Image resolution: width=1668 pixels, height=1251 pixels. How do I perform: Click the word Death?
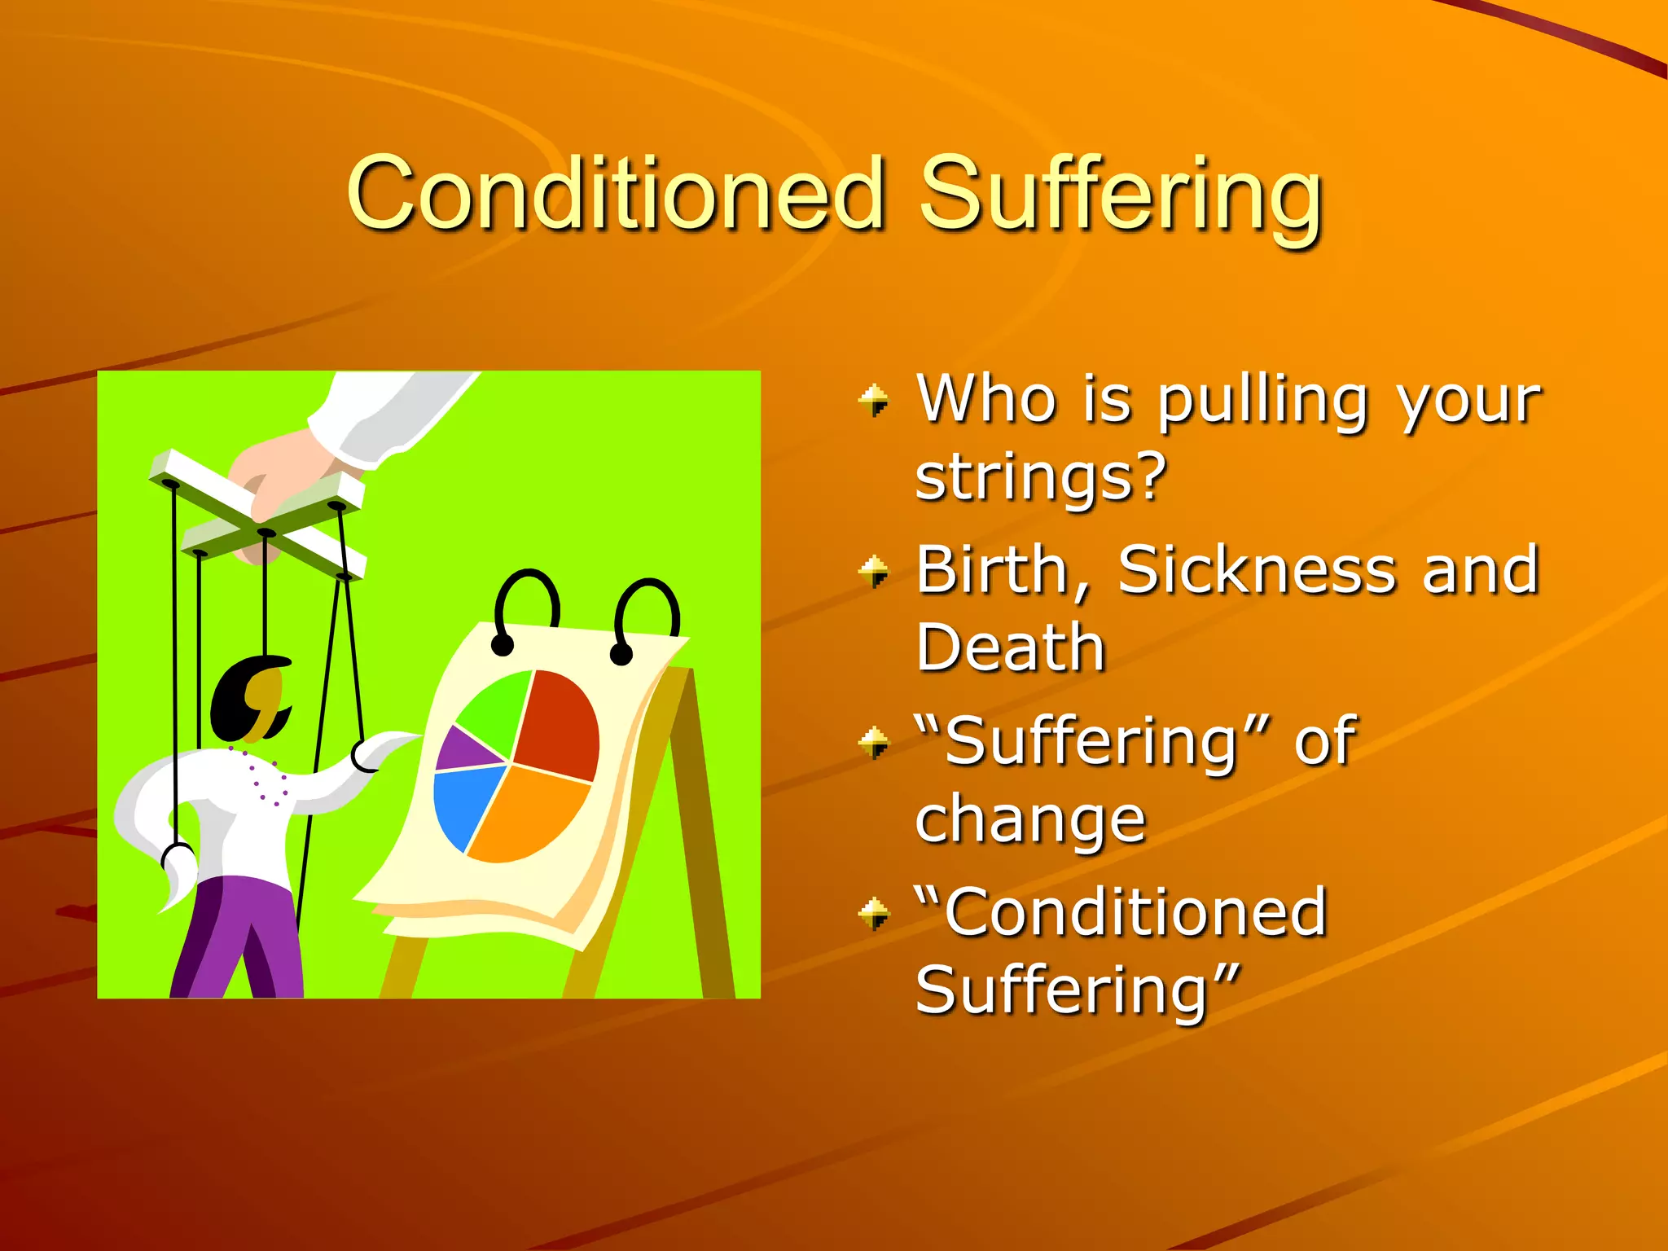[x=1010, y=648]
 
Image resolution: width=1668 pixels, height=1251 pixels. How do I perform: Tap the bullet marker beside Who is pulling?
[x=875, y=401]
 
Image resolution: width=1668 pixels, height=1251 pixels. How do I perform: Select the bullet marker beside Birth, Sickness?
[x=875, y=572]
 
